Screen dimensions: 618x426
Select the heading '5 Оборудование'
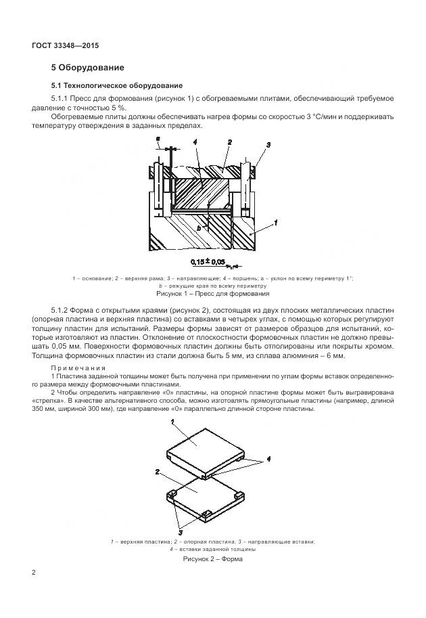coord(87,68)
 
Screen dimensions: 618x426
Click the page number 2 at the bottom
coord(34,573)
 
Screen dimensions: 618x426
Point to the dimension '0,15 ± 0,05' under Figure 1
coord(208,261)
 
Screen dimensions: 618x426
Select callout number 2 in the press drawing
coord(230,143)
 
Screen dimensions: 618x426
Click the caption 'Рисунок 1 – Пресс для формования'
coord(213,294)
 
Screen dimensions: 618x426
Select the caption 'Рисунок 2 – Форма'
coord(213,559)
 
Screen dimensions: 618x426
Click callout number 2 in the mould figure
coord(158,472)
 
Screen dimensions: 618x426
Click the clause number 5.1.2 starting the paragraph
coord(64,309)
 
